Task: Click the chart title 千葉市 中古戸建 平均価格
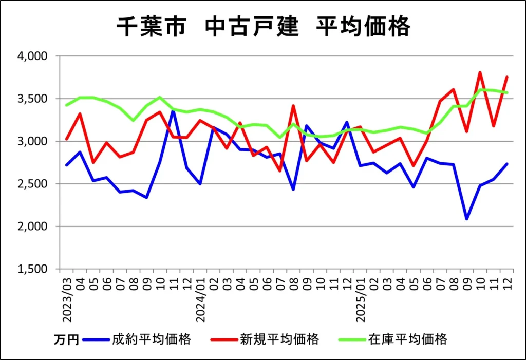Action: pos(263,27)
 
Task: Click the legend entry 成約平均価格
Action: pos(153,339)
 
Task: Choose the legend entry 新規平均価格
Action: pos(280,339)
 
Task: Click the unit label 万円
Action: pos(66,340)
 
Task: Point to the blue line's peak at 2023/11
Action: pos(173,111)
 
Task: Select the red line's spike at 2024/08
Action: pos(293,106)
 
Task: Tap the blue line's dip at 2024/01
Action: pos(200,184)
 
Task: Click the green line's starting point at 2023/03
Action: pos(66,105)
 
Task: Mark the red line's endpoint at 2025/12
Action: pos(507,77)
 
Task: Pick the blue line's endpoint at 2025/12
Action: pos(507,164)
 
